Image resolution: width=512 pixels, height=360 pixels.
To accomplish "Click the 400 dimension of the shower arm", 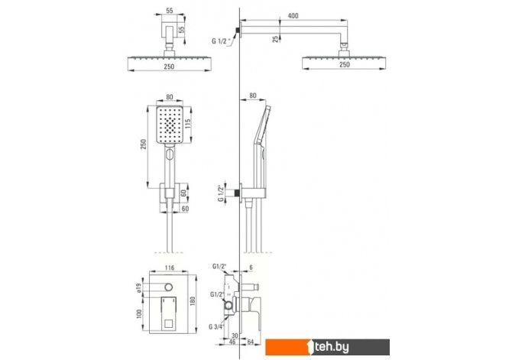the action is click(x=293, y=16).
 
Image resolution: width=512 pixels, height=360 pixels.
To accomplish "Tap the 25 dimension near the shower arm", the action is click(x=276, y=39).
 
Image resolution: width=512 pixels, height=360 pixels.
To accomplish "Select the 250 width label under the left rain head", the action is click(x=169, y=66).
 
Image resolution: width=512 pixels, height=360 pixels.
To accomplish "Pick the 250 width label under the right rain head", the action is click(x=345, y=65).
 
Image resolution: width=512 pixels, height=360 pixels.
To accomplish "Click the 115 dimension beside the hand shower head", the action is click(x=188, y=124).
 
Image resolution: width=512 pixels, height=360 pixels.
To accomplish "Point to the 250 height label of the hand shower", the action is click(x=144, y=144).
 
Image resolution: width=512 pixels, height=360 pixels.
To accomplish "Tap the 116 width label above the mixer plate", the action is click(x=169, y=268).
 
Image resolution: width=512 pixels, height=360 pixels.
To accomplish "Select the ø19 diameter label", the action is click(x=138, y=288).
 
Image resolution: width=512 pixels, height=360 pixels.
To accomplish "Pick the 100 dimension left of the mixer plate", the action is click(x=139, y=314).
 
